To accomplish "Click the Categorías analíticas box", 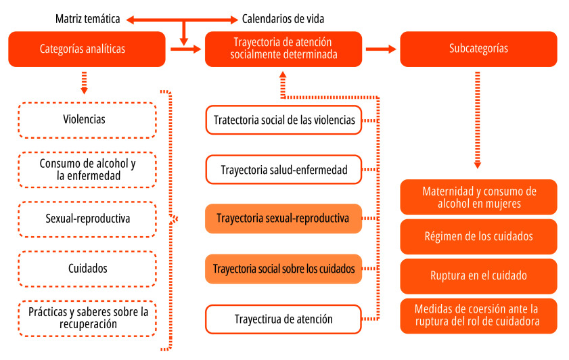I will [x=87, y=49].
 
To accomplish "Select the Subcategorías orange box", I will [x=478, y=49].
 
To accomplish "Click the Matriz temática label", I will [x=88, y=19].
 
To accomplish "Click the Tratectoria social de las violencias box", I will [x=283, y=120].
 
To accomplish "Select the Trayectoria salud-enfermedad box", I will [x=283, y=170].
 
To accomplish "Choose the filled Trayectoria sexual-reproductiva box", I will [x=283, y=219].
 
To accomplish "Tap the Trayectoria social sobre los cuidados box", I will [x=283, y=269].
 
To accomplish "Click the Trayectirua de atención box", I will [x=283, y=319].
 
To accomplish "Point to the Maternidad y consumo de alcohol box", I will [x=478, y=197].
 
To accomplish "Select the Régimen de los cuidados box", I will [x=478, y=236].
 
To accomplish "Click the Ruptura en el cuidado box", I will [x=478, y=275].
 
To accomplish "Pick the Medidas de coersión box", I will [x=478, y=315].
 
